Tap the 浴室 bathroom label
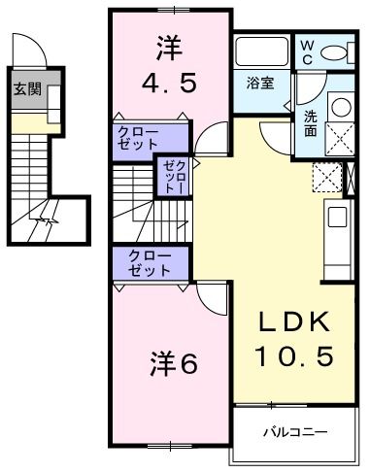click(260, 83)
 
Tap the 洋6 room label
click(175, 363)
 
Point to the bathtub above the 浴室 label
click(261, 51)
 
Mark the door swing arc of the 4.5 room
click(206, 141)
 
